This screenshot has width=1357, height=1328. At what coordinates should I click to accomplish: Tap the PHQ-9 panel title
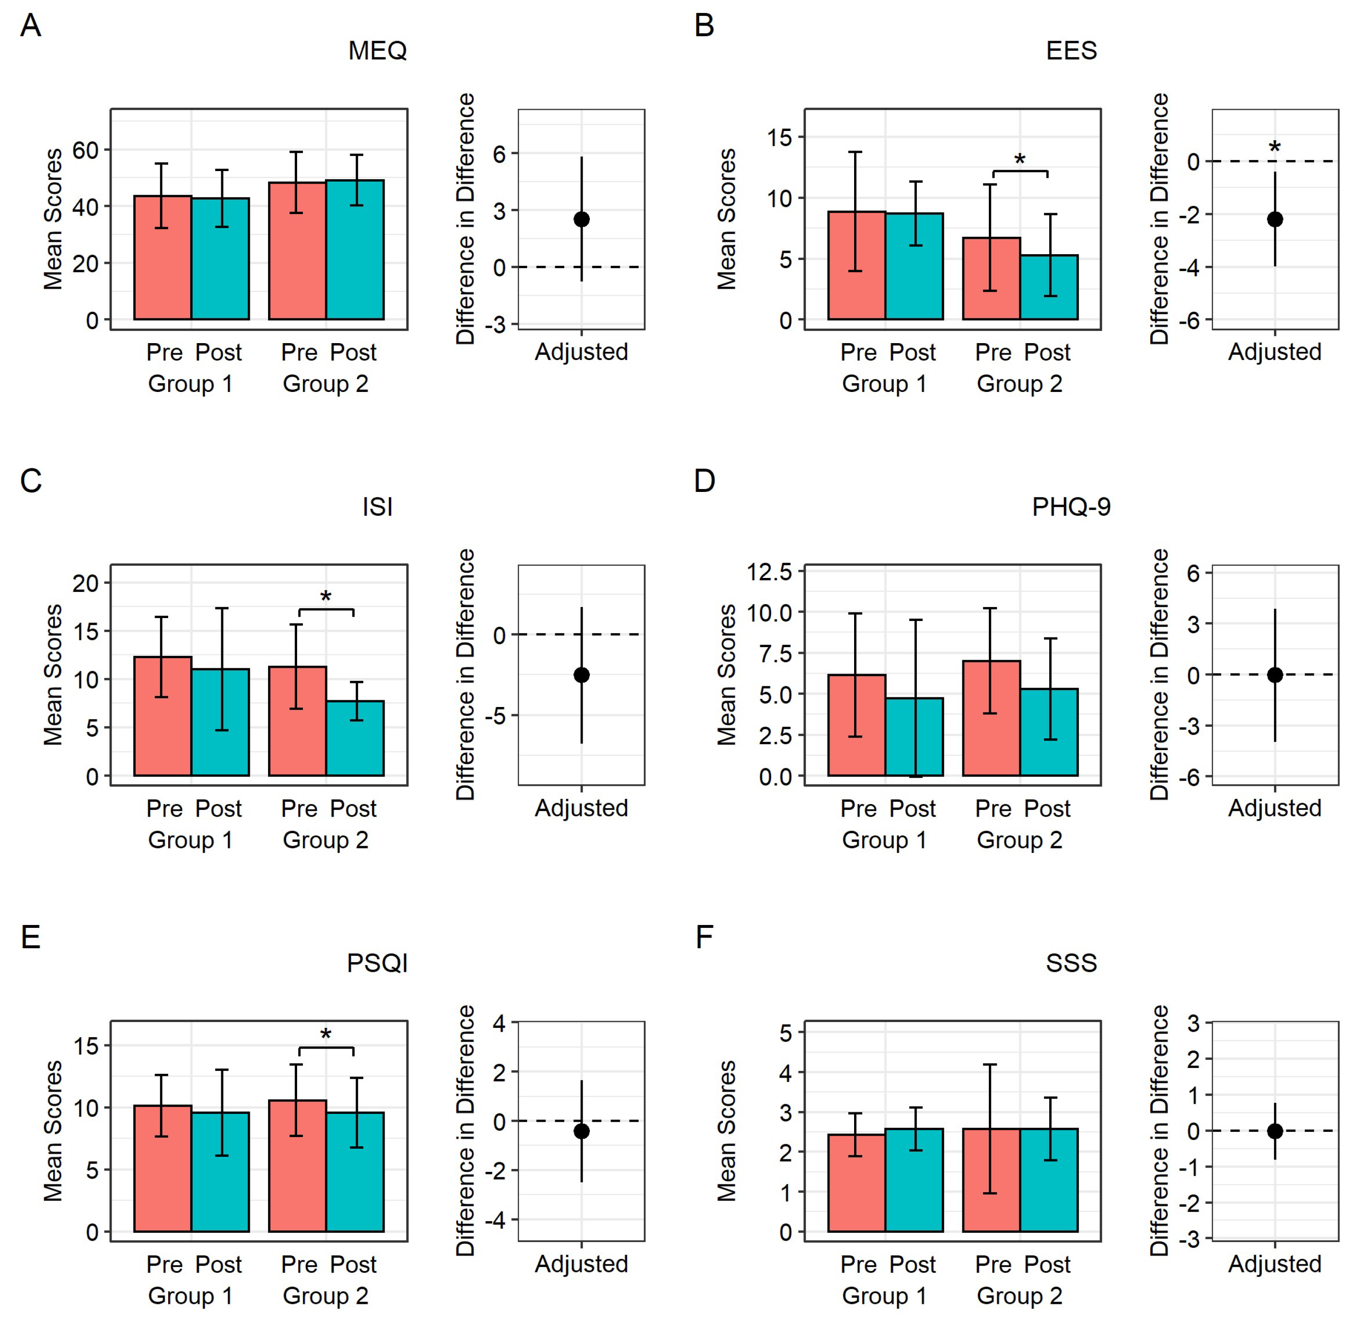coord(1071,507)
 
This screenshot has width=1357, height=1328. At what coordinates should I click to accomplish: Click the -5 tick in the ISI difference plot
coord(499,716)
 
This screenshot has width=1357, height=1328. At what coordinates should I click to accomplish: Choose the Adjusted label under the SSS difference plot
coord(1274,1264)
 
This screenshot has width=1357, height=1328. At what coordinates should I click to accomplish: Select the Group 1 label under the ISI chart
coord(190,840)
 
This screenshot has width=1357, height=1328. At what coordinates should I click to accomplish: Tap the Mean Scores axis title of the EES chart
coord(727,219)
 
